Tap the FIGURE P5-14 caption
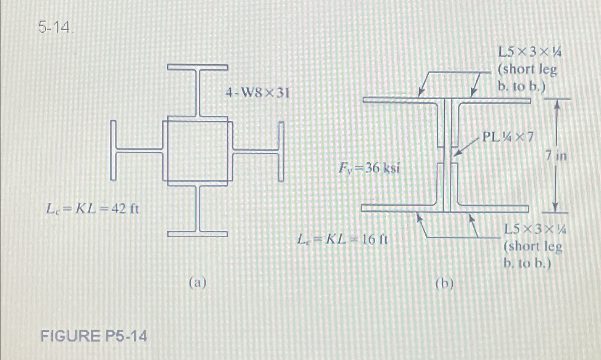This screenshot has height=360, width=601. coord(94,336)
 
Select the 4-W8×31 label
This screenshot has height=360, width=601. coord(257,93)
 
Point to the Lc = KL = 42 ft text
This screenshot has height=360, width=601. coord(92,208)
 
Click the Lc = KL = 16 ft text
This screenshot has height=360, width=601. coord(342,239)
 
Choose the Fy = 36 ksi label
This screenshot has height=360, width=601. coord(369,169)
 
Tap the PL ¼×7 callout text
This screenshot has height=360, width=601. coord(508,137)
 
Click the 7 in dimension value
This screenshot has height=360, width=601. coord(556,156)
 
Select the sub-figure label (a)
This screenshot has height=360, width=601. coord(198,283)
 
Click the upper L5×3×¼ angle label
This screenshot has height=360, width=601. coord(528,69)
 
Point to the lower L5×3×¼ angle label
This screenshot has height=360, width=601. coord(533,246)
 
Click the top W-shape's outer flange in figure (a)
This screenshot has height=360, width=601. coord(198,67)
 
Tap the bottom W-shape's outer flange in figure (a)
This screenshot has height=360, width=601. coord(198,234)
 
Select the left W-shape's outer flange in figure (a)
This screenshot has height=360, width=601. coord(113,150)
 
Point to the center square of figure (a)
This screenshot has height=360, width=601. coord(198,150)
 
